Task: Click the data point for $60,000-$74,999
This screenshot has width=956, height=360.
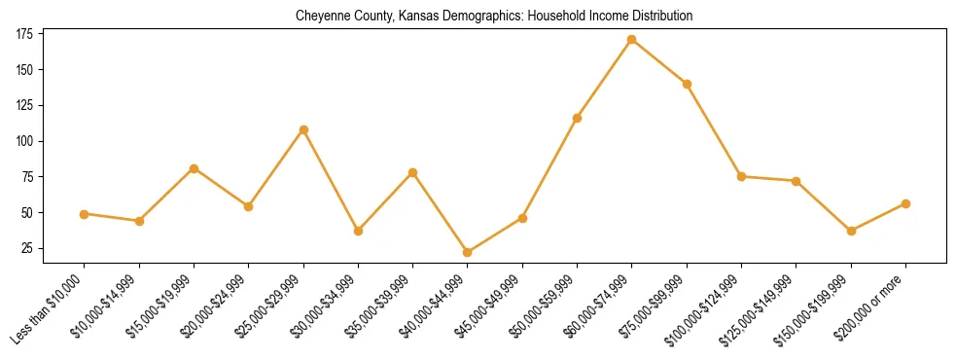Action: (x=632, y=40)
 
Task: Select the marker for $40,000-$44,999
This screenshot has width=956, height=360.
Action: (x=468, y=252)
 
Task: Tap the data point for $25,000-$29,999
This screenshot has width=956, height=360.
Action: (x=303, y=129)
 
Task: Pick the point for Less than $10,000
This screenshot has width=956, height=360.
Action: (x=85, y=214)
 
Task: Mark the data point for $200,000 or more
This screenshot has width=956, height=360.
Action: (x=905, y=203)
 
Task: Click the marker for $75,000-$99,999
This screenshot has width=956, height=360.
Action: (x=687, y=84)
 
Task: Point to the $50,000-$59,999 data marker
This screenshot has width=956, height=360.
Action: (x=578, y=118)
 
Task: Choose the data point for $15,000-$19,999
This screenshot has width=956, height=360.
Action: (x=195, y=168)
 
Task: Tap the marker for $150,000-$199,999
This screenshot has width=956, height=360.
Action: (x=851, y=231)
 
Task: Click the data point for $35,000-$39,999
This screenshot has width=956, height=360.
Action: (x=413, y=172)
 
